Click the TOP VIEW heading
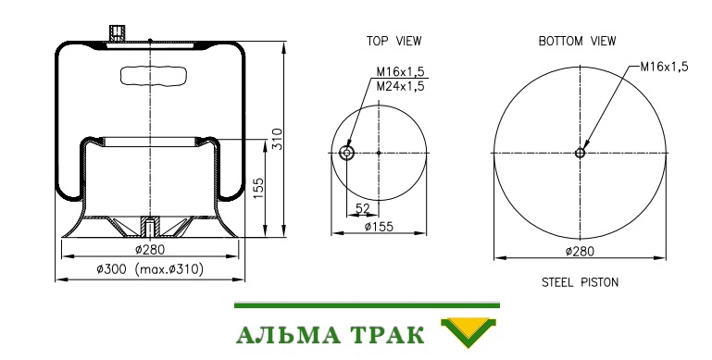tap(393, 41)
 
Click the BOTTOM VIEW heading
tap(577, 41)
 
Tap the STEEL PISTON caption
tap(580, 282)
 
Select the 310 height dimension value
tap(277, 139)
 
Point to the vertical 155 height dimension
tap(258, 188)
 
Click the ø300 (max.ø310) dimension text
tap(150, 269)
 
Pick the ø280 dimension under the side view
tap(150, 249)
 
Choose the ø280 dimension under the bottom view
tap(580, 251)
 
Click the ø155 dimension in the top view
tap(379, 226)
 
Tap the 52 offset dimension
tap(363, 209)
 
